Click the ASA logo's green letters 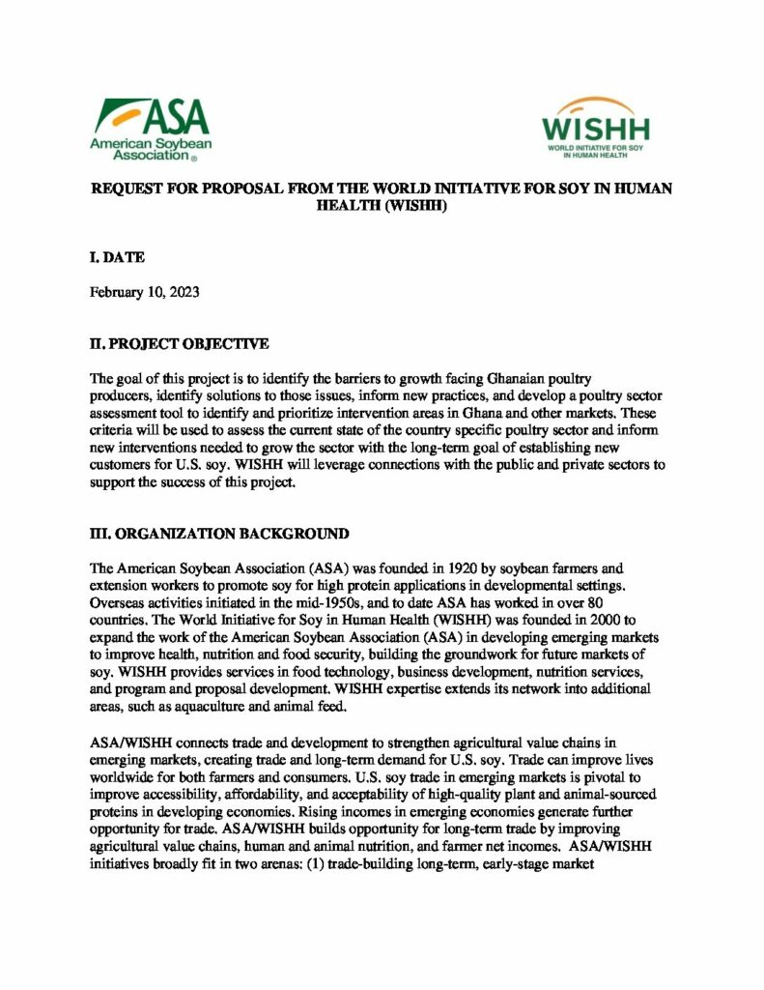pyautogui.click(x=177, y=118)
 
